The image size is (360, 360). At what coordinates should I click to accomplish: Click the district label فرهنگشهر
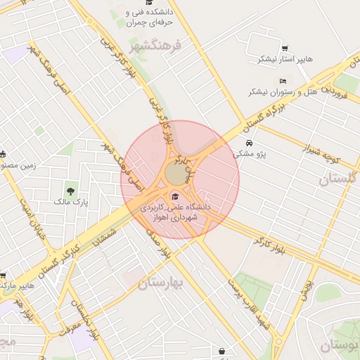(155, 46)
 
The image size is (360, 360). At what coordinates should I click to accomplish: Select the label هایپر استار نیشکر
(284, 58)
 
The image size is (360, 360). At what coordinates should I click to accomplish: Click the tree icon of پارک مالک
(70, 191)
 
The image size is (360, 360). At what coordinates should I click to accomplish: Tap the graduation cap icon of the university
(174, 196)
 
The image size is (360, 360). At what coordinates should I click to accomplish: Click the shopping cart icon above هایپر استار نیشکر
(284, 49)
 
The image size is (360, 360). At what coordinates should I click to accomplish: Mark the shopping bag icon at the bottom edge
(222, 351)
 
